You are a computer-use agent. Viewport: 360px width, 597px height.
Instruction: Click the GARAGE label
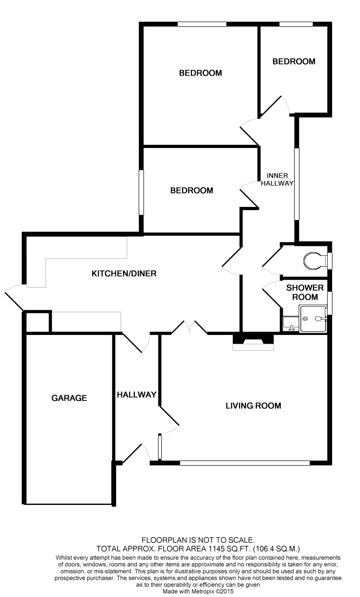tap(69, 398)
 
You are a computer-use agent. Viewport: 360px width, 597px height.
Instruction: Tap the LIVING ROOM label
tap(253, 406)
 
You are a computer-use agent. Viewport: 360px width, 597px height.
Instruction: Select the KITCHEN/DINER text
tap(124, 274)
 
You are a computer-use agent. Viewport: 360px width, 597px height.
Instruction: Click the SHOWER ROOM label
tap(305, 292)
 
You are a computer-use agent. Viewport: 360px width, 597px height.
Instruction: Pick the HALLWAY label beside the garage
tap(136, 395)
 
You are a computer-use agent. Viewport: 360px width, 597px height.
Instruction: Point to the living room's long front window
tap(245, 463)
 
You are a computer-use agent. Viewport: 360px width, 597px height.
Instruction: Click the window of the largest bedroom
tap(202, 24)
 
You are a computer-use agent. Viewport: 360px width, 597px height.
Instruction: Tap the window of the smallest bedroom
tap(296, 24)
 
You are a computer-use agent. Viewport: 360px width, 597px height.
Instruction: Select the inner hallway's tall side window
tap(297, 184)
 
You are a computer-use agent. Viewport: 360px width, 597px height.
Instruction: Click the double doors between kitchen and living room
tap(189, 327)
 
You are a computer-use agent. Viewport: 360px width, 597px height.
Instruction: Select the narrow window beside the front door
tap(160, 447)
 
